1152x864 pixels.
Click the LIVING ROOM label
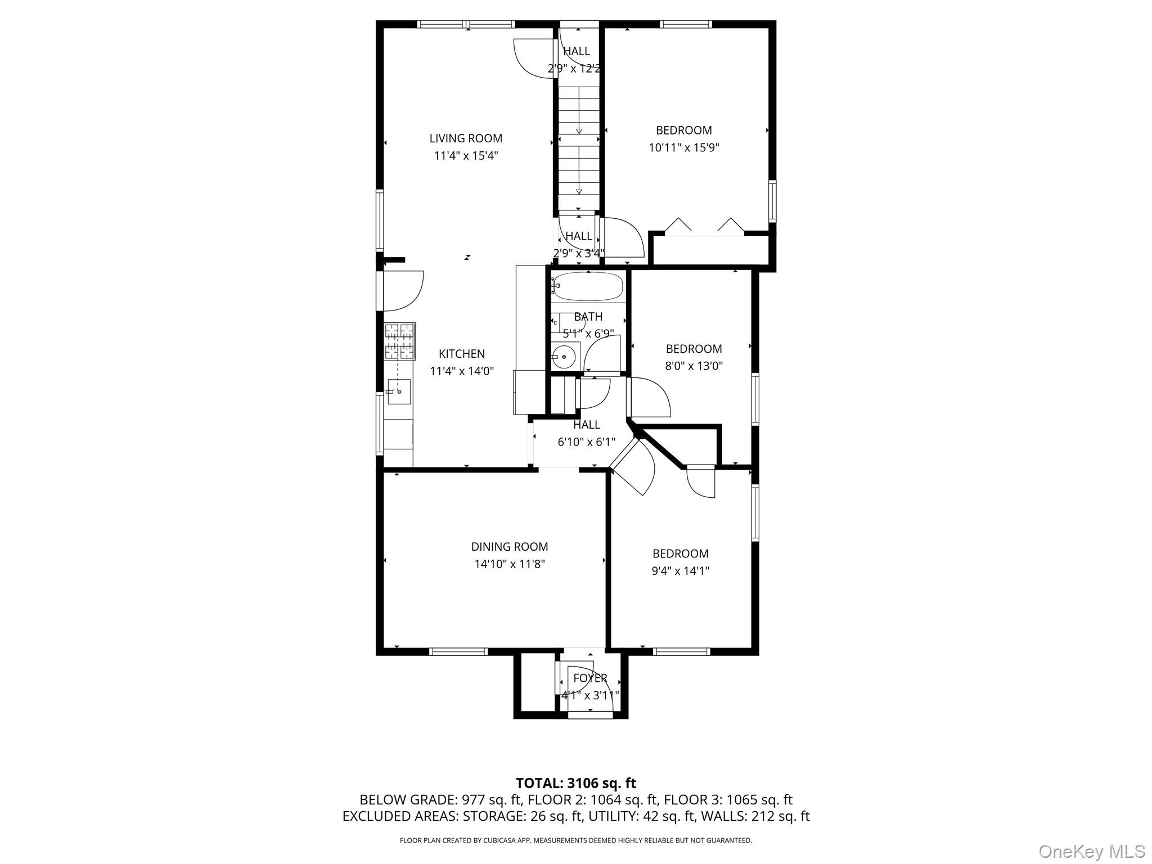pyautogui.click(x=466, y=138)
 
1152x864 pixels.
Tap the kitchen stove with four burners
pyautogui.click(x=400, y=341)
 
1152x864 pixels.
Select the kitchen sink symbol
pyautogui.click(x=399, y=391)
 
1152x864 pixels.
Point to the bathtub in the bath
pyautogui.click(x=588, y=287)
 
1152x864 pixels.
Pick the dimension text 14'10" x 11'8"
pyautogui.click(x=510, y=564)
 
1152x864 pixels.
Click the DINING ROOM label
pyautogui.click(x=510, y=547)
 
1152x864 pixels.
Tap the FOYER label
pyautogui.click(x=590, y=678)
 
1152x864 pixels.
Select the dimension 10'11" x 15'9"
pyautogui.click(x=684, y=148)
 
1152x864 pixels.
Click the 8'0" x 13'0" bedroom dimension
pyautogui.click(x=694, y=366)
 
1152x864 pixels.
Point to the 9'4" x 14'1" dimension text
pyautogui.click(x=681, y=571)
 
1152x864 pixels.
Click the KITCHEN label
pyautogui.click(x=462, y=354)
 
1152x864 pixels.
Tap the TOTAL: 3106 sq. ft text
pyautogui.click(x=575, y=783)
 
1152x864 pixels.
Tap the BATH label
pyautogui.click(x=588, y=317)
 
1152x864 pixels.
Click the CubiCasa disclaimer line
pyautogui.click(x=575, y=840)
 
